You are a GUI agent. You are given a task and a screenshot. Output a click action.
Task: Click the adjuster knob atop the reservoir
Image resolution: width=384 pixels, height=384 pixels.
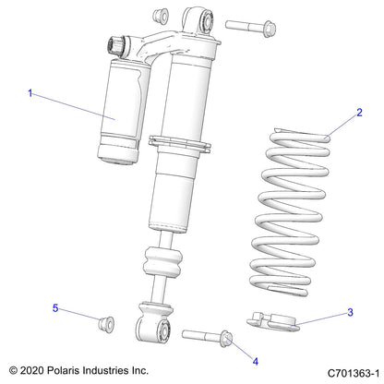point(118,44)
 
